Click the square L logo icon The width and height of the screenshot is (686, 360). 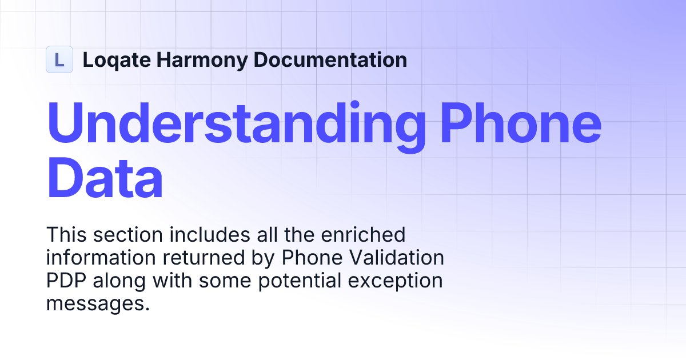coord(59,59)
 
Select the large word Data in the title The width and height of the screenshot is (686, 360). coord(105,179)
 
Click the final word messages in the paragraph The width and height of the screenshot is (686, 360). coord(95,304)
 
